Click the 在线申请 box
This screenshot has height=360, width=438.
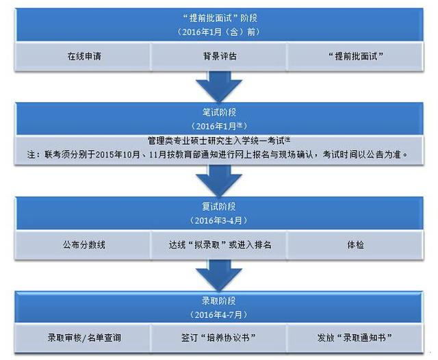[x=83, y=56]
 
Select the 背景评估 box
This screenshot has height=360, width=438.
[x=219, y=56]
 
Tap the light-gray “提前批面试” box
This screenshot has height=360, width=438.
[x=355, y=56]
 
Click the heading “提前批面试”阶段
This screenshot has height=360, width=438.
[x=220, y=18]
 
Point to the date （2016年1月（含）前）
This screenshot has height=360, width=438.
[x=219, y=32]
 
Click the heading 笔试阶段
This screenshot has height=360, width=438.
[x=219, y=112]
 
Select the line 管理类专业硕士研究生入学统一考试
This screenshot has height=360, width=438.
[x=219, y=140]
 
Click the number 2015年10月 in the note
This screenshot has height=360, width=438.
[x=118, y=154]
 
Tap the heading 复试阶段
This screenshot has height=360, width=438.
[x=219, y=207]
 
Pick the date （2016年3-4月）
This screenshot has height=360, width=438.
[x=219, y=220]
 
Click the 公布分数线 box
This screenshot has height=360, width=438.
[x=83, y=245]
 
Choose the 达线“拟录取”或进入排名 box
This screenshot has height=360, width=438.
[x=219, y=245]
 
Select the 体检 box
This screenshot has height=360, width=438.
[x=355, y=245]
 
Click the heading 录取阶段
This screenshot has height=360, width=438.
[x=219, y=301]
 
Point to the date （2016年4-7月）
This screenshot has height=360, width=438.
[x=219, y=315]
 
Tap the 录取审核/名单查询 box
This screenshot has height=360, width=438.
[x=83, y=338]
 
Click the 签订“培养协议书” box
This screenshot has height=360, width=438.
[x=219, y=338]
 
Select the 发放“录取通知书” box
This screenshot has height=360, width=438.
[x=355, y=338]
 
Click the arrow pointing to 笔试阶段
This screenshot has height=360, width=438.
[x=219, y=87]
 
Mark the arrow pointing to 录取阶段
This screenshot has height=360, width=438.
[x=219, y=275]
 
